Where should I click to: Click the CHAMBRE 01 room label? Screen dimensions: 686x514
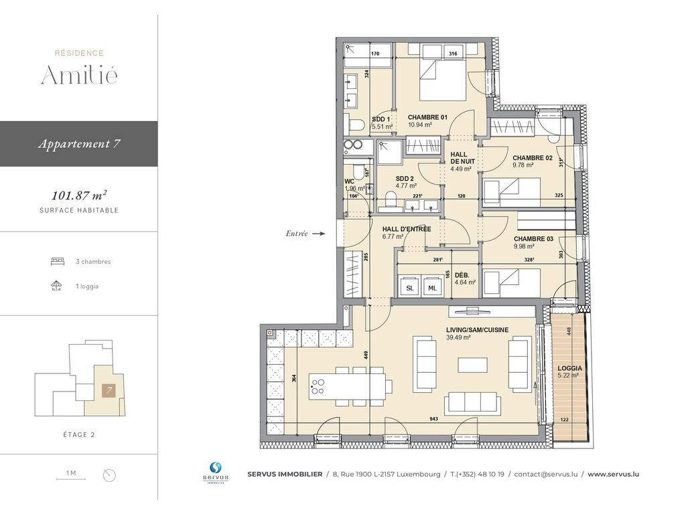[x=427, y=117]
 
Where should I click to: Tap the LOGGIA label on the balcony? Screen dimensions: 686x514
[x=569, y=369]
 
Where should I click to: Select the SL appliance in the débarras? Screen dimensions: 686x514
[x=410, y=288]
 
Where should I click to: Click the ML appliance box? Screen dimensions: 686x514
[x=432, y=288]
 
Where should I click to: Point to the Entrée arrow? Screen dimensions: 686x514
[x=318, y=234]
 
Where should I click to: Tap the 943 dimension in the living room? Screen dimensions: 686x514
[x=433, y=419]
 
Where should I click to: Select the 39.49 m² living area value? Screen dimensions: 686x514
[x=458, y=337]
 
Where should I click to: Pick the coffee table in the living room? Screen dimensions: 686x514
[x=472, y=365]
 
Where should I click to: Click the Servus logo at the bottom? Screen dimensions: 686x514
[x=216, y=473]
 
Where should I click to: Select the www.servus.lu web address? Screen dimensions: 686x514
[x=613, y=474]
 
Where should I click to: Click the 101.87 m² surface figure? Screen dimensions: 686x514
[x=79, y=195]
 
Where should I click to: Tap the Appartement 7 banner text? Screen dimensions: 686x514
[x=79, y=144]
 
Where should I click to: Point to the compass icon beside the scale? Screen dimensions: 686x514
[x=109, y=475]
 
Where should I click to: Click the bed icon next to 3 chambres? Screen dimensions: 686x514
[x=58, y=262]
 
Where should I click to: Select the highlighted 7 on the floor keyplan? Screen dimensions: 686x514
[x=109, y=390]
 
